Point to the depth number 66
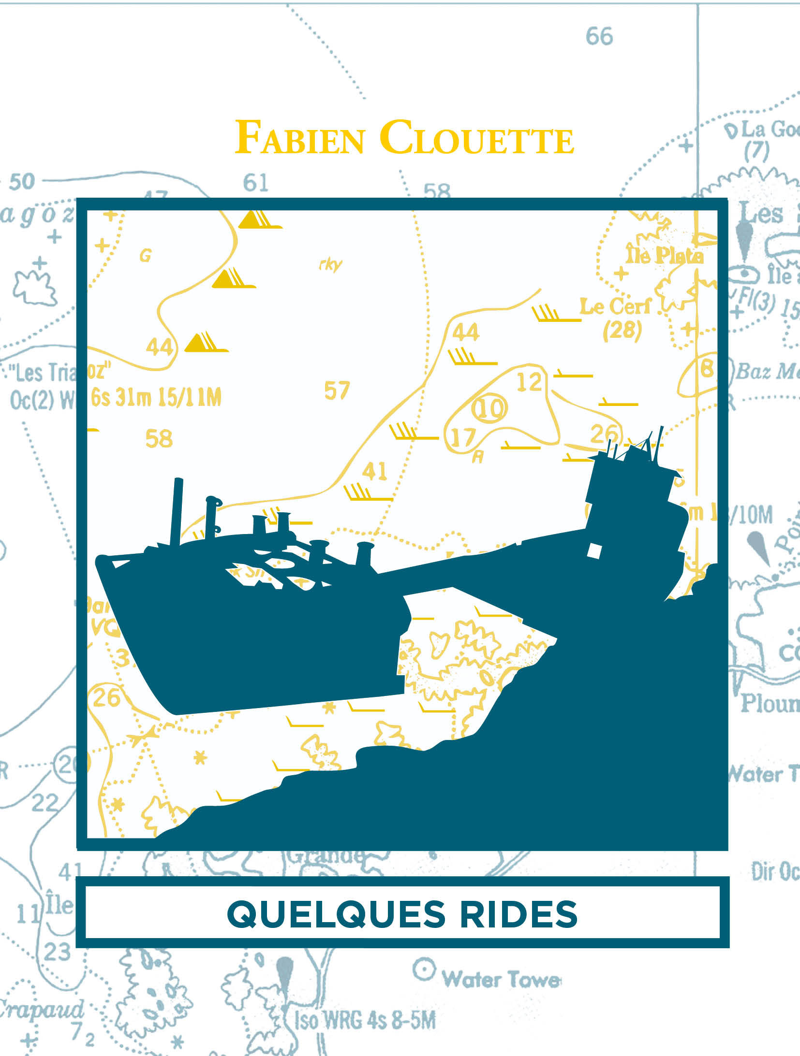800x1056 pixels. (x=599, y=36)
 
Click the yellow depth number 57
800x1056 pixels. (x=337, y=391)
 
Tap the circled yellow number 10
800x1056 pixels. (x=489, y=408)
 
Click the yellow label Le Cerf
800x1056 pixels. (x=615, y=306)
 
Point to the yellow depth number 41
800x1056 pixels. (x=375, y=471)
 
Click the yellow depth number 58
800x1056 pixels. (x=159, y=439)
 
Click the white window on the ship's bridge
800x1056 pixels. (x=594, y=550)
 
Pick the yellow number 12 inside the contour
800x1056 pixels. (x=529, y=382)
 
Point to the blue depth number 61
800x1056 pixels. (x=255, y=183)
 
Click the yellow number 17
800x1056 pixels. (x=463, y=437)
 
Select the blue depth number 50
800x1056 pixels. (x=22, y=182)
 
